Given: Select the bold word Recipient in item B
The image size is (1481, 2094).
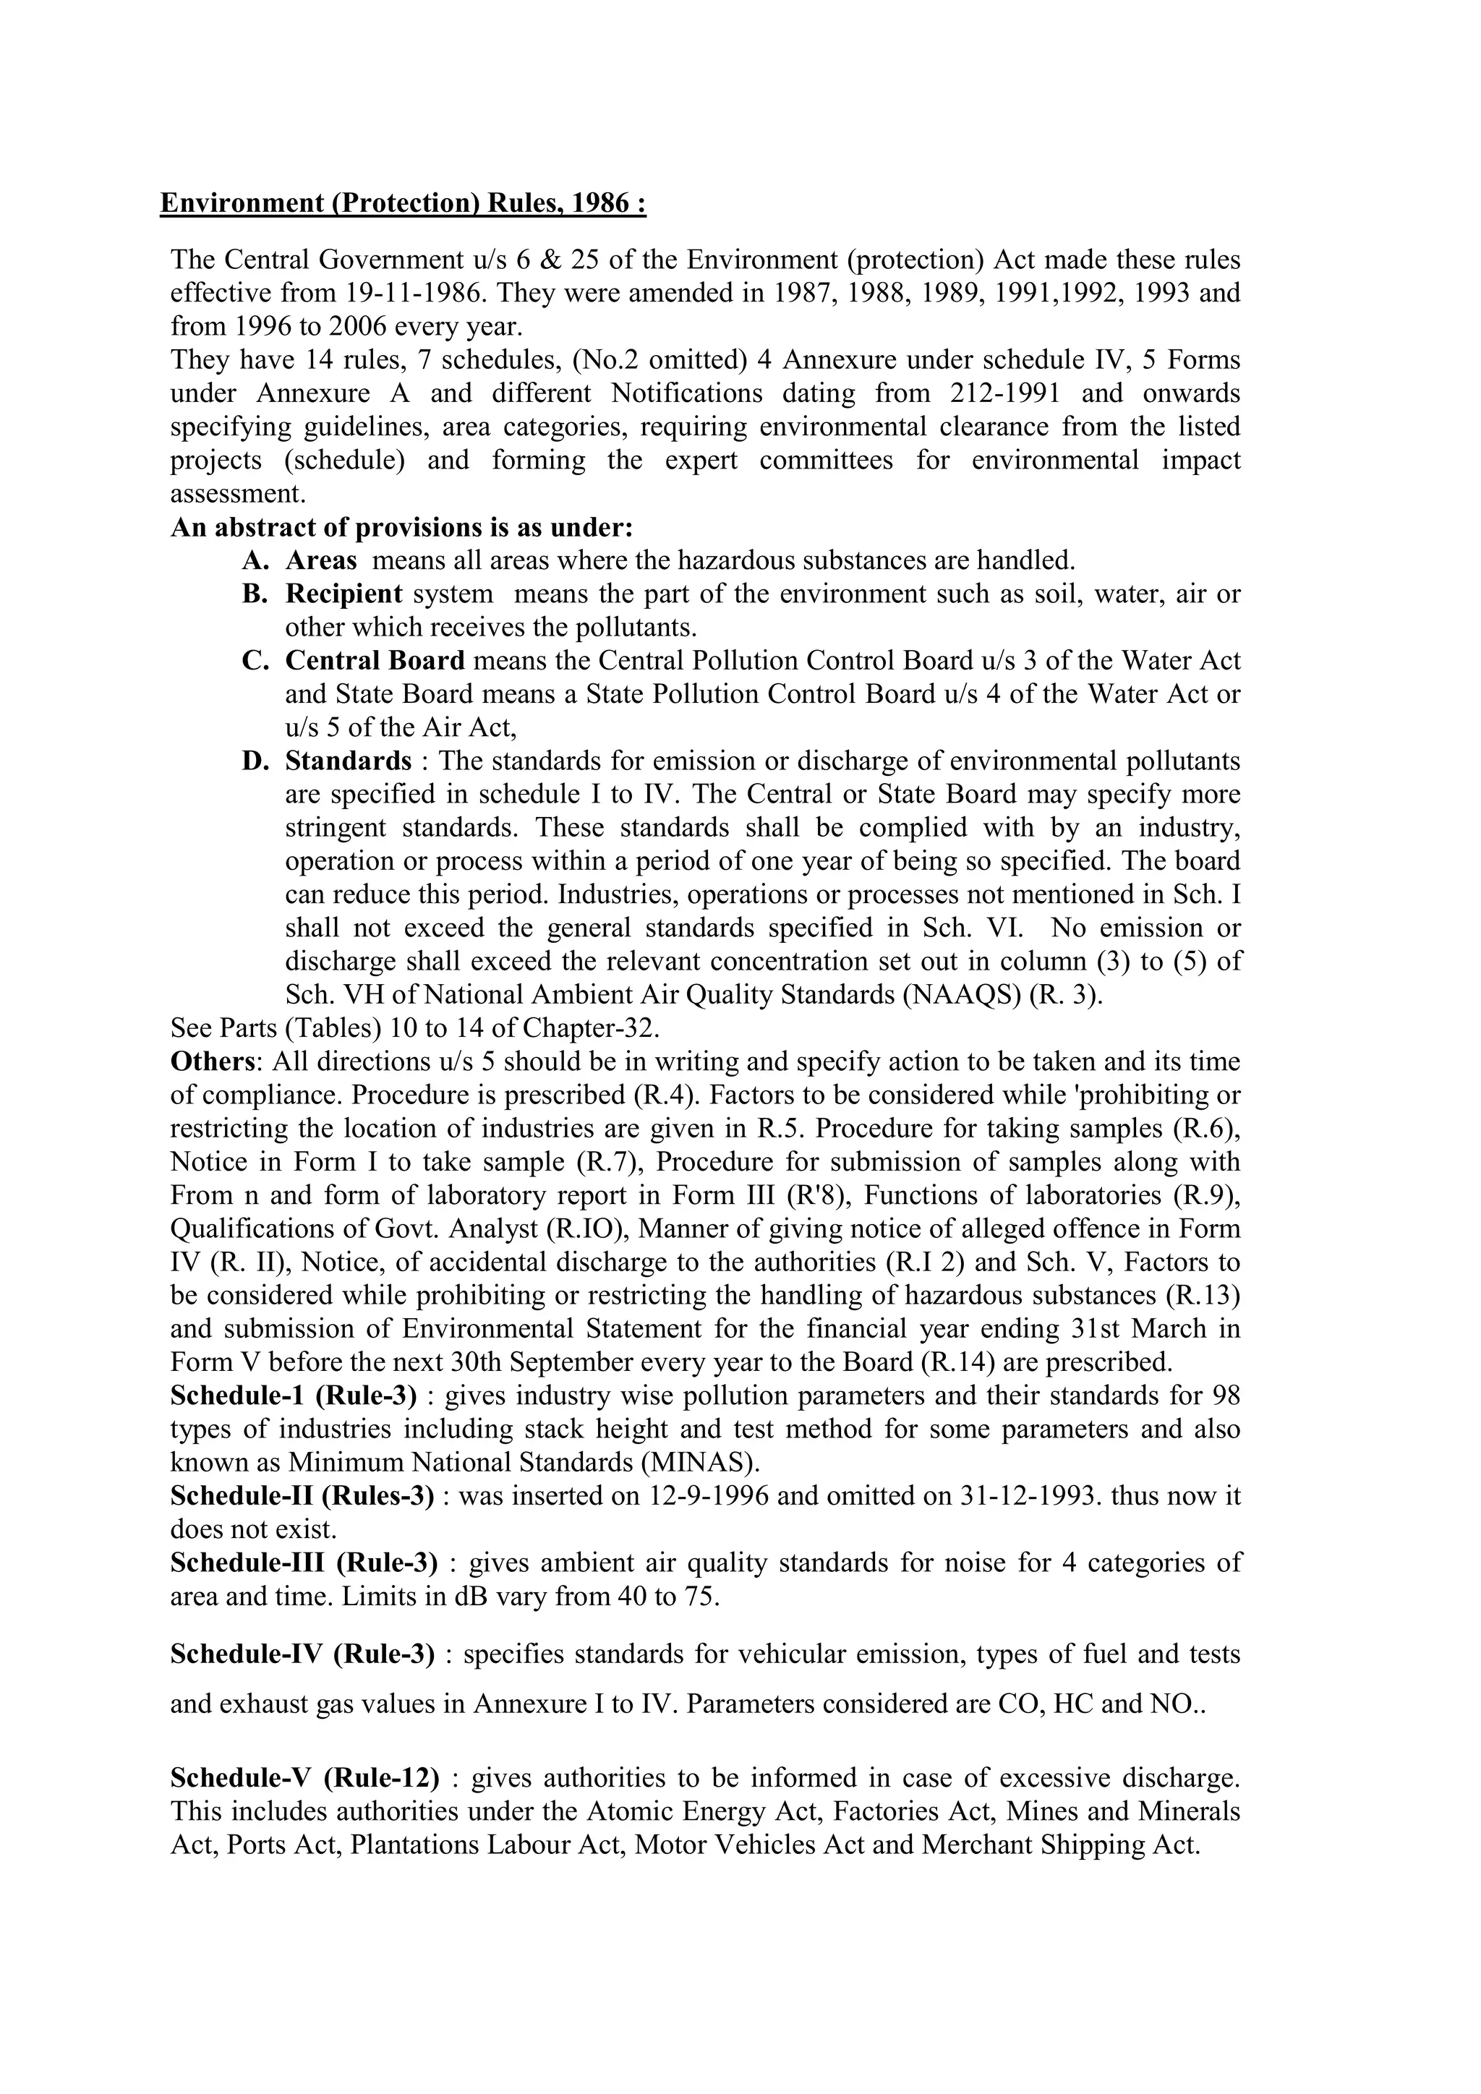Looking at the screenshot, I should tap(343, 594).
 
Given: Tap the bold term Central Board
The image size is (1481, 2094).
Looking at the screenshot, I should tap(375, 660).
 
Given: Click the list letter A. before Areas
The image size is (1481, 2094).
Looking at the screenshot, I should tap(255, 560).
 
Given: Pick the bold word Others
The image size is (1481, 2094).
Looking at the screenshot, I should tap(213, 1061).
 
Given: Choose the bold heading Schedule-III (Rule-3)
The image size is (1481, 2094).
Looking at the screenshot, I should tap(304, 1563).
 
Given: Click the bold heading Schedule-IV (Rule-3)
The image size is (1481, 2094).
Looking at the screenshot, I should tap(302, 1654).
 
